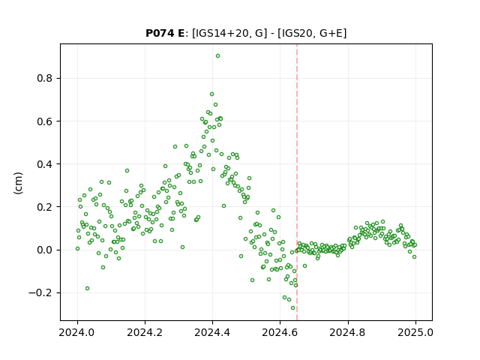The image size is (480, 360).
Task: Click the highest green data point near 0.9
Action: click(x=217, y=56)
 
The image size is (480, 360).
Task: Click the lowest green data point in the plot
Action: click(x=293, y=308)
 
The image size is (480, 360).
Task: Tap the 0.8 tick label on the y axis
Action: click(x=45, y=78)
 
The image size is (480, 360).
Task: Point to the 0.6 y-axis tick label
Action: click(x=45, y=121)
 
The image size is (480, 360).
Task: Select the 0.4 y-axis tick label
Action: click(x=45, y=164)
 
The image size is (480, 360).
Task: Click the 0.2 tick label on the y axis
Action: click(x=45, y=207)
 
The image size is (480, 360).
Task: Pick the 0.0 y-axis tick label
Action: click(x=45, y=250)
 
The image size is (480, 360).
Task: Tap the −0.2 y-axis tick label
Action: click(x=40, y=293)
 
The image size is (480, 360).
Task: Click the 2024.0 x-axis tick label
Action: click(x=77, y=332)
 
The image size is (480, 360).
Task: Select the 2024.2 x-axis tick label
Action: click(x=145, y=332)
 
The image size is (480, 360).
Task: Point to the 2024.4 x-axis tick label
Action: click(x=212, y=332)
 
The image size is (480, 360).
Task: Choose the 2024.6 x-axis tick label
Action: click(x=280, y=332)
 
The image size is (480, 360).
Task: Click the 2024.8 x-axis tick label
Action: click(x=348, y=332)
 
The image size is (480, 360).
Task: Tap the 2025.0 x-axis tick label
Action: click(x=415, y=332)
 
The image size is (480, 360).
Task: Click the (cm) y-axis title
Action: click(x=18, y=183)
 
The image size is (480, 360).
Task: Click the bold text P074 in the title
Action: click(x=160, y=33)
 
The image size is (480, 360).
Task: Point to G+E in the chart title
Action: click(x=331, y=33)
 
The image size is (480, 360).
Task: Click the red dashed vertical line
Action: click(x=297, y=182)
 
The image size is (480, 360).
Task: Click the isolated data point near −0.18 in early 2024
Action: click(x=87, y=288)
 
